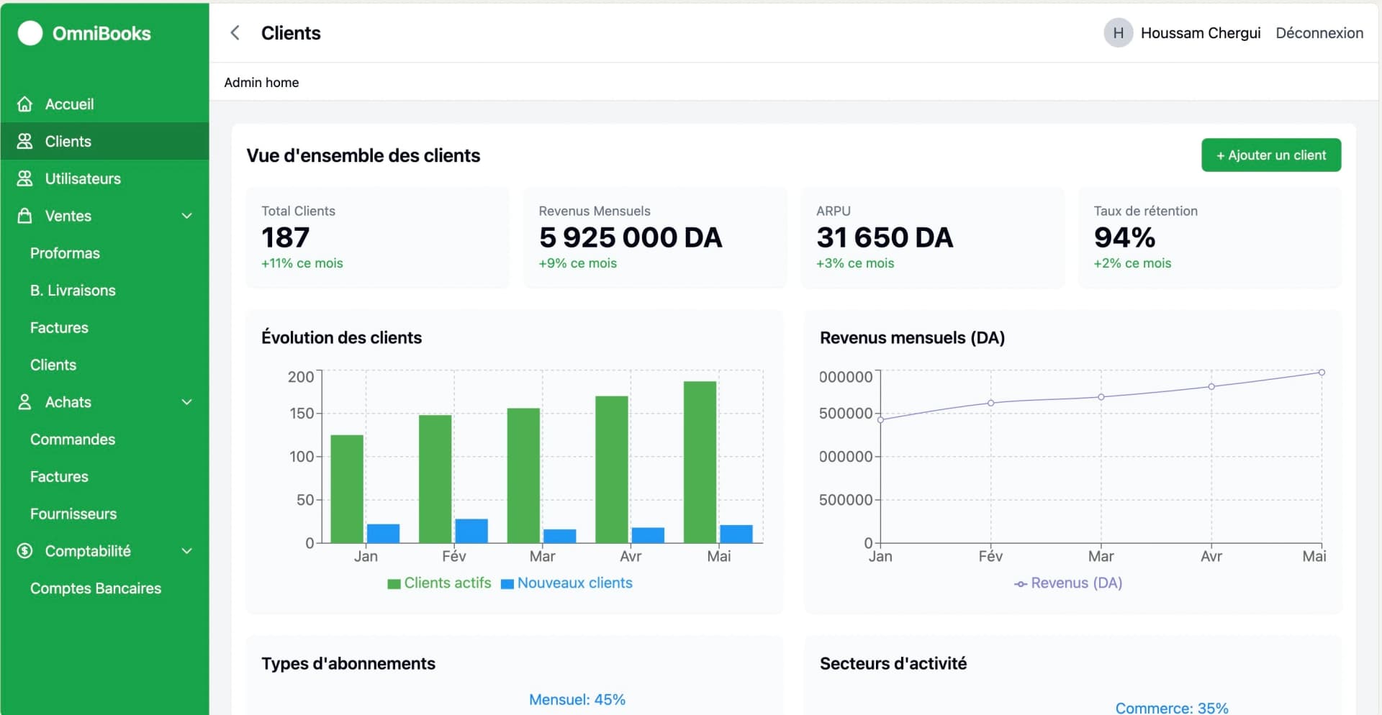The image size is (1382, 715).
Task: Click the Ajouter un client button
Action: (1270, 155)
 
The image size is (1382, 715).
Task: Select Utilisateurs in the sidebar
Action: (82, 178)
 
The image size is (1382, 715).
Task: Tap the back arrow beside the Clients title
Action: (235, 33)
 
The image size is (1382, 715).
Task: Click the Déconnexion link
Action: (1319, 33)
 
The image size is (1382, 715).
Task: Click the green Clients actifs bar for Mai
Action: (700, 462)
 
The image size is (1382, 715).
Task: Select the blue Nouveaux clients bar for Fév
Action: (471, 531)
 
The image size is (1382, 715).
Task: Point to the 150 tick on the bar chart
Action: (302, 414)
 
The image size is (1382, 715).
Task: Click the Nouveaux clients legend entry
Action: (566, 583)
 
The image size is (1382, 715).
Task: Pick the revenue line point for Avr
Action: (1211, 387)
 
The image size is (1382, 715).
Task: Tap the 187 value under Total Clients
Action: (286, 237)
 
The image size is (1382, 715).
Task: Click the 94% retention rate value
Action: (1124, 237)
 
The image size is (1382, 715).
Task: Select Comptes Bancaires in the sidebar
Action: (95, 588)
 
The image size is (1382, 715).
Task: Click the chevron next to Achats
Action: (187, 402)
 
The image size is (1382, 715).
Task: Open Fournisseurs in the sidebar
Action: (73, 514)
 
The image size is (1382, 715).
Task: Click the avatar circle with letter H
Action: (1118, 33)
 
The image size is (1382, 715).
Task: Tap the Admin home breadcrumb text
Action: (261, 83)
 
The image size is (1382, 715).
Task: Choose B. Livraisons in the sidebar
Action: (73, 291)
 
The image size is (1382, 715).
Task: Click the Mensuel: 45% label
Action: (577, 700)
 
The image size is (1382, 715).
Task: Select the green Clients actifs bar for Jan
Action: (347, 489)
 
